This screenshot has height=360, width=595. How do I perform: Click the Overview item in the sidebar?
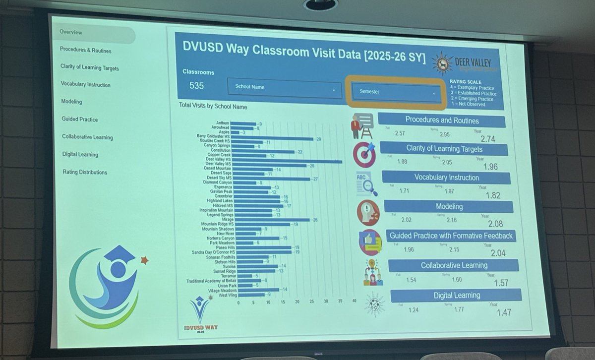[71, 33]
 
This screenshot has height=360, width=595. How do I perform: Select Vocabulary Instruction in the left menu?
[85, 85]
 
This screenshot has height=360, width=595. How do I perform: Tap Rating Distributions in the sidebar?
[84, 172]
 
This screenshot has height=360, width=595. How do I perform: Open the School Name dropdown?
[283, 88]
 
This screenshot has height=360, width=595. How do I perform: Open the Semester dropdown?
[396, 92]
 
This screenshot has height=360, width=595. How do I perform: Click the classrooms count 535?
[196, 86]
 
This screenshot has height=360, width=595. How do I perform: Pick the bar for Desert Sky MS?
[271, 179]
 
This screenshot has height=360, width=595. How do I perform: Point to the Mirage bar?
[271, 220]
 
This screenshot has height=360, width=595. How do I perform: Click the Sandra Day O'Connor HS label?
[211, 252]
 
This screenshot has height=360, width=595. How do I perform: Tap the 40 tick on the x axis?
[354, 301]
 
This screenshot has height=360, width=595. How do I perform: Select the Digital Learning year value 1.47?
[504, 312]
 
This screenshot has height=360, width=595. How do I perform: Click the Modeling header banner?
[449, 206]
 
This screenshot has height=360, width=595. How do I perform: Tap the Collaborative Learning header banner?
[454, 265]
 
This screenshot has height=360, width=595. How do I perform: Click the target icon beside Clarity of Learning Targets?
[364, 154]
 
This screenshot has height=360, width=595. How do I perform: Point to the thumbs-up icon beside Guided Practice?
[370, 242]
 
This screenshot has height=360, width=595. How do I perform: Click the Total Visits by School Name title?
[213, 106]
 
